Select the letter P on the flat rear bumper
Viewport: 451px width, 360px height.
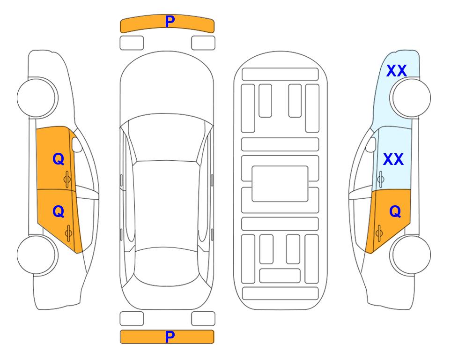tap(170, 337)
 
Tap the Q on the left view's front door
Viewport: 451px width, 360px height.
tap(59, 159)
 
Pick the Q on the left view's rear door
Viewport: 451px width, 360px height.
tap(59, 212)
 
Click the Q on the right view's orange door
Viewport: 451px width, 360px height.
tap(395, 212)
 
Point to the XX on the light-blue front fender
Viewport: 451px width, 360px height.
tap(396, 71)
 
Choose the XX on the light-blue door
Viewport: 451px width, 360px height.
tap(393, 159)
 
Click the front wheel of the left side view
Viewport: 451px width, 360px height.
tap(37, 97)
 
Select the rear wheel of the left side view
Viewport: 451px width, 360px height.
tap(37, 255)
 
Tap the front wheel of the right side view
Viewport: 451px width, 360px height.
tap(410, 97)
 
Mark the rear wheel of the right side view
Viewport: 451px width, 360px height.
tap(410, 255)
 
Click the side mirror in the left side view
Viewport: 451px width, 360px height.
tap(76, 144)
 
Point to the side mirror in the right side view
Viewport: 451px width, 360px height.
tap(371, 144)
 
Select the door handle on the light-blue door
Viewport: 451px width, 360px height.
tap(380, 179)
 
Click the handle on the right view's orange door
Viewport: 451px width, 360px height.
tap(379, 233)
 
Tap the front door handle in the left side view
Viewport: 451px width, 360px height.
tap(67, 179)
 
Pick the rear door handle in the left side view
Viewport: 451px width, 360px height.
tap(68, 233)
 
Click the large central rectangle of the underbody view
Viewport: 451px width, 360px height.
tap(280, 184)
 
